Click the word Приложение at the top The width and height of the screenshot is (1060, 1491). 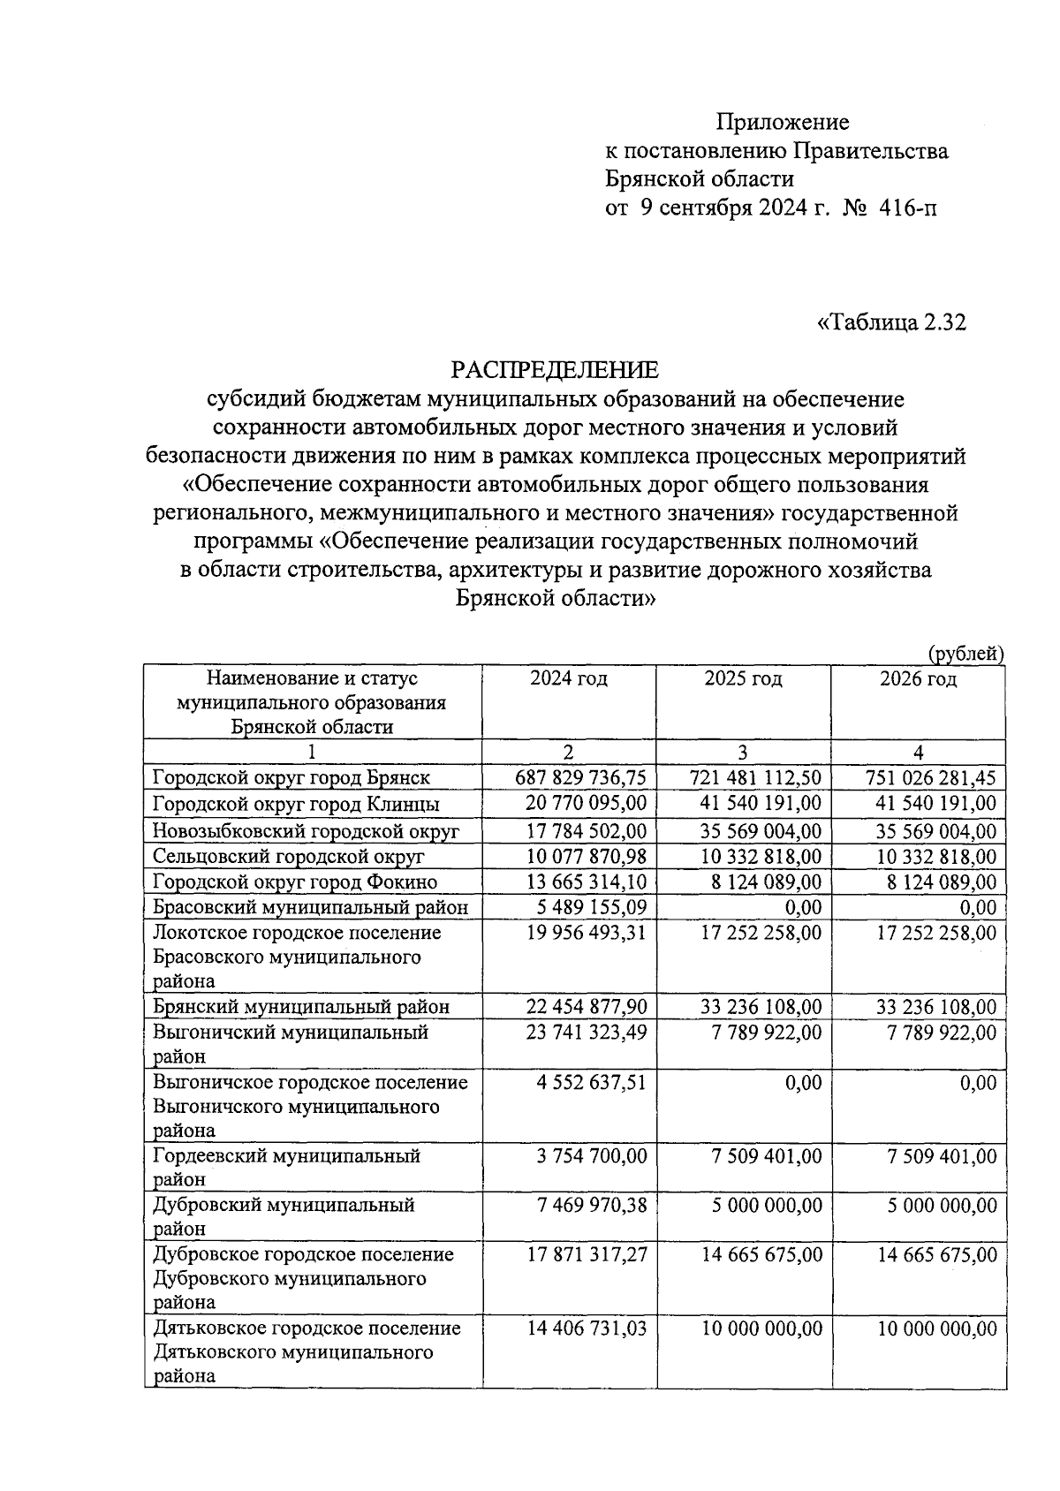[x=783, y=122]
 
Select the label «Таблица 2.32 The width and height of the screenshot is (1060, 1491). [x=891, y=323]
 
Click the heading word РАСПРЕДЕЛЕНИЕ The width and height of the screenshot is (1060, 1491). [x=556, y=368]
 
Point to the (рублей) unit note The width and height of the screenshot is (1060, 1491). [x=965, y=653]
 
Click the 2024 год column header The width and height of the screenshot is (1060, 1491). [x=568, y=678]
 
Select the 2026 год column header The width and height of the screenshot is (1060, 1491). [x=918, y=678]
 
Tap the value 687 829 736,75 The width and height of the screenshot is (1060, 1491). [x=580, y=777]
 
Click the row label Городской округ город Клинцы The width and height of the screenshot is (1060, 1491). [x=296, y=804]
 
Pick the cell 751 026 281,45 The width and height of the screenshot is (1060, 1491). [x=930, y=777]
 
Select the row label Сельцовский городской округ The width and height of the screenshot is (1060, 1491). [x=289, y=856]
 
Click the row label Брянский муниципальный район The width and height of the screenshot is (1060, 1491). [x=301, y=1006]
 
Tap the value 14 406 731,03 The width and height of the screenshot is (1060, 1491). [x=586, y=1328]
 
